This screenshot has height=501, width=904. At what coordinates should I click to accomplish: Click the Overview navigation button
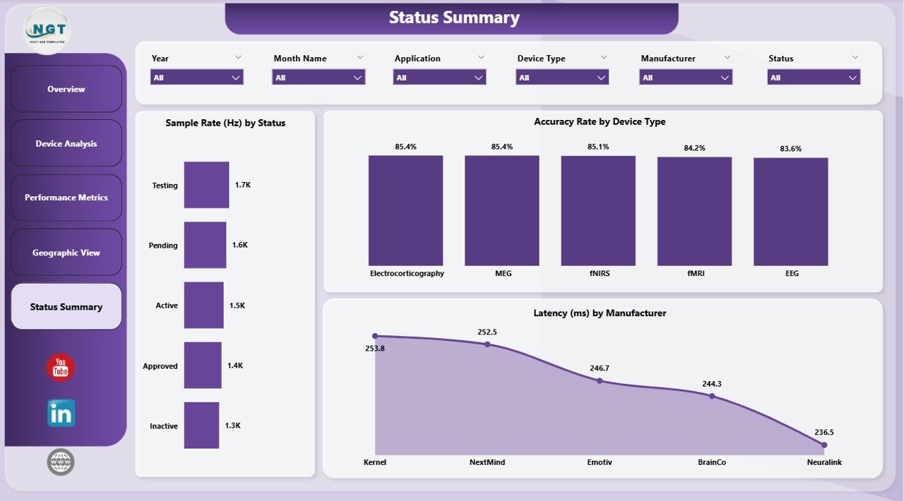tap(66, 89)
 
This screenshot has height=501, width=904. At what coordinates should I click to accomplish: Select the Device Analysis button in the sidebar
tap(66, 143)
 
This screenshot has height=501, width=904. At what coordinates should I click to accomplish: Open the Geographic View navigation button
tap(66, 252)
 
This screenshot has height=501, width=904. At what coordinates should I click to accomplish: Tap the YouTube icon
tap(61, 368)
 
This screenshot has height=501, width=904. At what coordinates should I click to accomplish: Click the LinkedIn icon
tap(61, 414)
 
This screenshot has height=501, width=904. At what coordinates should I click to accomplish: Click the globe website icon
tap(61, 462)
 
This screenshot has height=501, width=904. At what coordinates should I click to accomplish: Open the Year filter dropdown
tap(197, 78)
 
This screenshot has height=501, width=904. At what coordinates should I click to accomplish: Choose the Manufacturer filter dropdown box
tap(686, 78)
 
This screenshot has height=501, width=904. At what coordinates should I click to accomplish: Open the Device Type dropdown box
tap(563, 78)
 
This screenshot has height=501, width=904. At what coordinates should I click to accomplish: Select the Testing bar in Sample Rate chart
tap(206, 185)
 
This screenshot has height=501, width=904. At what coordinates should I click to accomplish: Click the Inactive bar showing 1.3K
tap(201, 425)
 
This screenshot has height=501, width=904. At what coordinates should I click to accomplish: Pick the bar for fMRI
tap(694, 211)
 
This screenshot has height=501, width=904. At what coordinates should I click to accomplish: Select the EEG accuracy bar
tap(790, 211)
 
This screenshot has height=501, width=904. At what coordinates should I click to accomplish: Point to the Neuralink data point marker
tap(824, 445)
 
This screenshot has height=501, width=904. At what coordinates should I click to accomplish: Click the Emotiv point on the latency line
tap(600, 380)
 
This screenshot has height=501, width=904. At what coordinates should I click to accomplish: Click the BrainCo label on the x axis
tap(711, 462)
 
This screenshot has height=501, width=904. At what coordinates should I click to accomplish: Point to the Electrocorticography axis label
tap(407, 273)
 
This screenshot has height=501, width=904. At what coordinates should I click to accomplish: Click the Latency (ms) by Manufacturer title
tap(600, 313)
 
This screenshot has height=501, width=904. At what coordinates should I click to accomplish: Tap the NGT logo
tap(47, 30)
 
